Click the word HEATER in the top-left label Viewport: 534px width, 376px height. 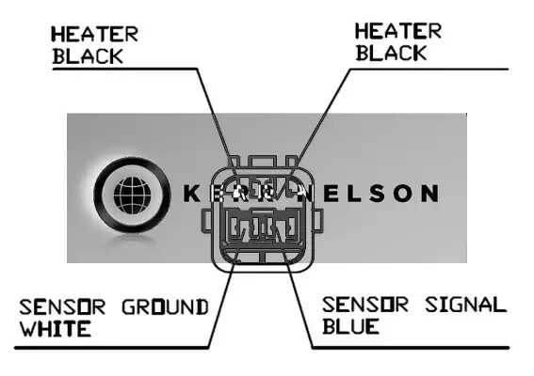pos(95,35)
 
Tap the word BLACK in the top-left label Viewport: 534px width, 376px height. pos(88,56)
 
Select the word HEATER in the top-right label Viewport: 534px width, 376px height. pos(398,31)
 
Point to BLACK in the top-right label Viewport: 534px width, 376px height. pos(391,53)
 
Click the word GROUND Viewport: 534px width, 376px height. pos(165,307)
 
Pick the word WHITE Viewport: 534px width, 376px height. pos(56,329)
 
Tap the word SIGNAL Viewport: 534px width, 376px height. pos(465,305)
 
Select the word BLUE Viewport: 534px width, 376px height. pos(350,326)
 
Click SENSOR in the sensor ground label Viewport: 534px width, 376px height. pos(62,307)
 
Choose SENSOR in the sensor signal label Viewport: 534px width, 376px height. pos(365,305)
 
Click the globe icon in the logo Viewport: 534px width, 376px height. pos(132,196)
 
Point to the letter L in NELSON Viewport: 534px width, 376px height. pos(355,194)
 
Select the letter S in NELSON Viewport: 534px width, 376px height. pos(377,194)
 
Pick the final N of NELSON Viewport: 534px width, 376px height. pos(429,194)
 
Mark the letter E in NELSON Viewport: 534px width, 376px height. pos(332,194)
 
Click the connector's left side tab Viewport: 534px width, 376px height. pos(206,221)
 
